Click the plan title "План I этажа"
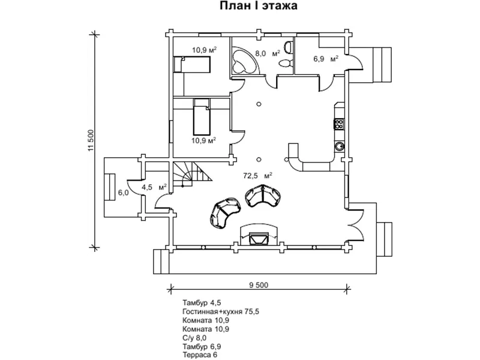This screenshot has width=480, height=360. click(259, 5)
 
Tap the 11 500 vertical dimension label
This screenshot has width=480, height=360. click(90, 140)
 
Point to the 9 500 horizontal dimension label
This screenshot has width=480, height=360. click(259, 286)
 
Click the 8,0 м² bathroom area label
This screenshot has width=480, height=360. click(268, 53)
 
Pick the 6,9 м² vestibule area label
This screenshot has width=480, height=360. click(326, 58)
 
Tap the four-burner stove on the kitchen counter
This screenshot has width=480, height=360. click(339, 124)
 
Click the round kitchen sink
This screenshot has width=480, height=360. click(339, 146)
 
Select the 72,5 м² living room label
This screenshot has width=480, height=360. click(258, 175)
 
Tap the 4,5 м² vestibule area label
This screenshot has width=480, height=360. click(154, 187)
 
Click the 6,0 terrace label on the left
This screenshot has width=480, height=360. click(124, 193)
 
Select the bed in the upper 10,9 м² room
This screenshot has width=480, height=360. click(192, 64)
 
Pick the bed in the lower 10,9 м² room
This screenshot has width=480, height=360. click(202, 117)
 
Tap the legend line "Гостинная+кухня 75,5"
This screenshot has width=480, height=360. click(221, 311)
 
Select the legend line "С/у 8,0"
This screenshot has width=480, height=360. click(194, 338)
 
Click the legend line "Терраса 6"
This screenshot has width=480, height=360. click(200, 355)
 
